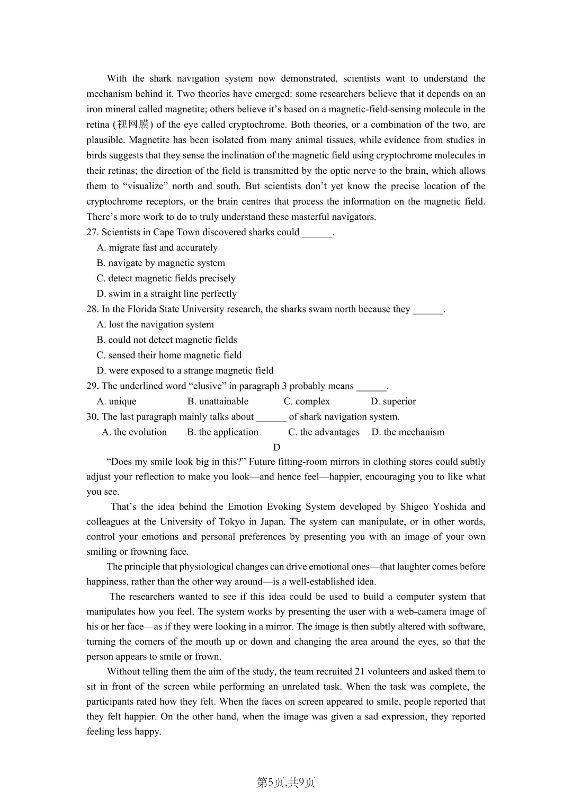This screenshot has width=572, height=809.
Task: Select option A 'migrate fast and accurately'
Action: coord(157,247)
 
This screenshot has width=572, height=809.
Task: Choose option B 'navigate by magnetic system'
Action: coord(161,263)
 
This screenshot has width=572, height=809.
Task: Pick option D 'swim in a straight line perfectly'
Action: coord(167,294)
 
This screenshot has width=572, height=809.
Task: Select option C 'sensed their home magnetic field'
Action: coord(169,355)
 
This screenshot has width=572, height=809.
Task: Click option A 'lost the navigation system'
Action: coord(155,324)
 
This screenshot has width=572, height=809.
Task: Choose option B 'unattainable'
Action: coord(218,401)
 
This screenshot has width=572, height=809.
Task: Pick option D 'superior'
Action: coord(393,401)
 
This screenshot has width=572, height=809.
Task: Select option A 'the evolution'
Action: coord(134,432)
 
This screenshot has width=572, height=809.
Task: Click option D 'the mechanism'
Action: coord(408,432)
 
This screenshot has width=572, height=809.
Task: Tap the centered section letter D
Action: coord(276,447)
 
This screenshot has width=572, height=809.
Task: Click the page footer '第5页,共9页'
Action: coord(286,783)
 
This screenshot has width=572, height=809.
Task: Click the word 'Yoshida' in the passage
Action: coord(449,506)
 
